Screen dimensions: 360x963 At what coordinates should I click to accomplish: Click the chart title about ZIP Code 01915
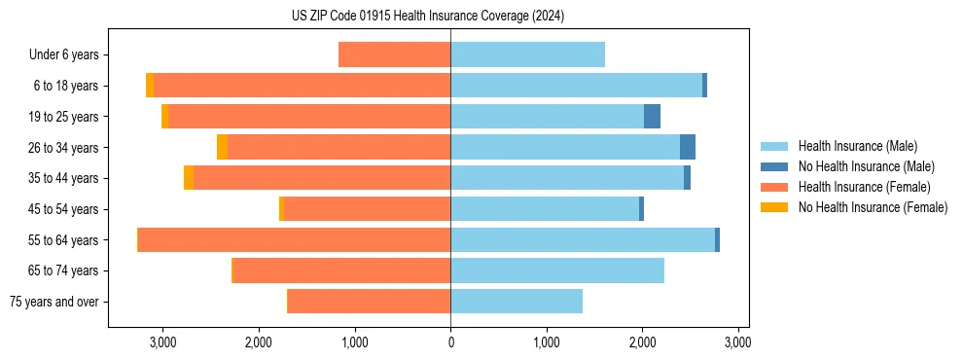point(428,16)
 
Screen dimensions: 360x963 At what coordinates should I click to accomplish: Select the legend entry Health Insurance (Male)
point(857,146)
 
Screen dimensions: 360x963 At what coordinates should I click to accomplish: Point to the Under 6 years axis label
point(63,55)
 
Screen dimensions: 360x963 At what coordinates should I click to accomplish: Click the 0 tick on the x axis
point(450,342)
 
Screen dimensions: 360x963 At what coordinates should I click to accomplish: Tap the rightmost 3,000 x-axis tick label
point(737,342)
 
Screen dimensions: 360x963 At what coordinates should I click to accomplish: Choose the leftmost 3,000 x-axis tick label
point(162,342)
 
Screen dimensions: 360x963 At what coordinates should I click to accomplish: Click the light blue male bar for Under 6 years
point(527,55)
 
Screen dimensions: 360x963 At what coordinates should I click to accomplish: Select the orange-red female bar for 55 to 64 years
point(294,240)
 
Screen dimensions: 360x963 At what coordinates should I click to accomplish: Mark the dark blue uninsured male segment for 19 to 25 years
point(652,117)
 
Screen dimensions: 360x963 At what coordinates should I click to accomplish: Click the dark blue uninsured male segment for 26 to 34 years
point(688,148)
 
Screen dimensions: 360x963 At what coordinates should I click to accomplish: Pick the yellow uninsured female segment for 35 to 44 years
point(189,178)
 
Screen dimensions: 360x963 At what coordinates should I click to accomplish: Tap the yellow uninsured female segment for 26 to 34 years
point(222,148)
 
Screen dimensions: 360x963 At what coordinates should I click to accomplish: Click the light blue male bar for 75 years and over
point(517,302)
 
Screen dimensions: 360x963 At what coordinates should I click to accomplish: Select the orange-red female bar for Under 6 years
point(394,55)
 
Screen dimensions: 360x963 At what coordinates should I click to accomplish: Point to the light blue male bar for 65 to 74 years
point(557,270)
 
